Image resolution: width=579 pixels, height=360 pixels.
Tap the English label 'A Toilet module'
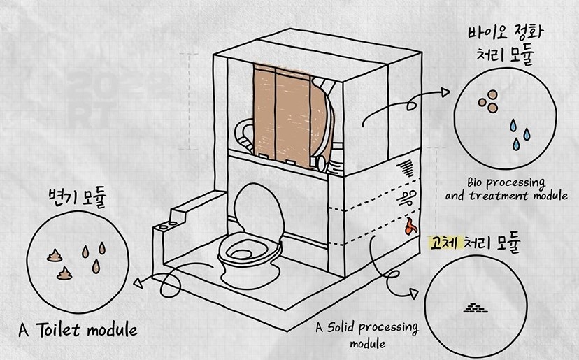(78, 329)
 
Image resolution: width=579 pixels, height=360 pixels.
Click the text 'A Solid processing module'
(366, 335)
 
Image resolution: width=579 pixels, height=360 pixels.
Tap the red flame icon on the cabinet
(410, 225)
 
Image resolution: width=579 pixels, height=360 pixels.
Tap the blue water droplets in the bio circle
(518, 134)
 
